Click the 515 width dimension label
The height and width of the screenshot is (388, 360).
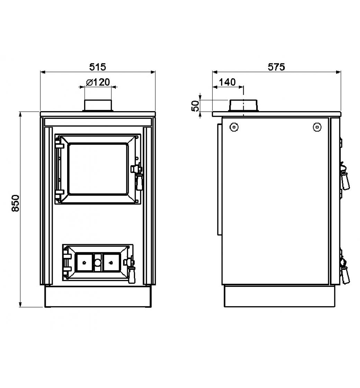[97, 67]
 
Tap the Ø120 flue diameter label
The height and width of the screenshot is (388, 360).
[98, 82]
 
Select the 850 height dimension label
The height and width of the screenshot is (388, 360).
[16, 203]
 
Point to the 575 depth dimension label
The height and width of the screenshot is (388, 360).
[276, 67]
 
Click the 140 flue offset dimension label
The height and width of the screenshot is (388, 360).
[227, 82]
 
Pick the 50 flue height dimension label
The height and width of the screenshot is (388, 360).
[195, 106]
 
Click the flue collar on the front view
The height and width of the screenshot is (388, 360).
[98, 106]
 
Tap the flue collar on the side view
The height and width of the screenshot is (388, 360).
[244, 106]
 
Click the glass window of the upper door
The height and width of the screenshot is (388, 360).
[98, 169]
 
